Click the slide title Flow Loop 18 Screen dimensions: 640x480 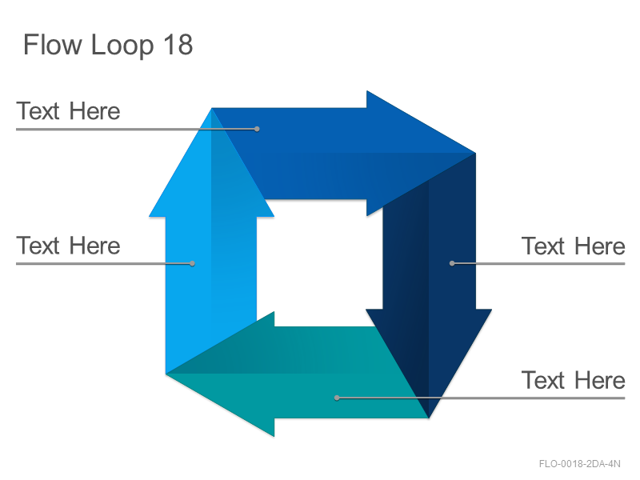(x=108, y=45)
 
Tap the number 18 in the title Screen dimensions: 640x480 (x=178, y=44)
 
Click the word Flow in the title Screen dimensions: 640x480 (x=53, y=44)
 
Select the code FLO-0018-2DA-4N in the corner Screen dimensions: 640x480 (x=579, y=464)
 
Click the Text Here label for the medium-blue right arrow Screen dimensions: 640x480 (x=68, y=111)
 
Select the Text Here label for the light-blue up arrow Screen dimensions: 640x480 (x=68, y=246)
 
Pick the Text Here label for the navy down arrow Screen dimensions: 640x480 (x=573, y=246)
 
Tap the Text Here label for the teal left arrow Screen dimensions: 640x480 (x=573, y=381)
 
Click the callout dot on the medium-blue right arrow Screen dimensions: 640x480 (x=257, y=129)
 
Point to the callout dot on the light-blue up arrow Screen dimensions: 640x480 (x=192, y=264)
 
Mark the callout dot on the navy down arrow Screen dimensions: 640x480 (x=452, y=264)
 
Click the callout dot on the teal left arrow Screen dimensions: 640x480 (x=337, y=398)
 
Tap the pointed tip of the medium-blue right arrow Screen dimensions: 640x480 (x=475, y=153)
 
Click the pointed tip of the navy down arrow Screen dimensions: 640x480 (x=429, y=418)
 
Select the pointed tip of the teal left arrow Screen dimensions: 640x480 (x=166, y=374)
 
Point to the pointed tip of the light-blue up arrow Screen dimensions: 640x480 (x=211, y=109)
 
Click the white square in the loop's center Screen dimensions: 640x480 (x=319, y=263)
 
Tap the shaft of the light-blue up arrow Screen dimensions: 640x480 (x=211, y=286)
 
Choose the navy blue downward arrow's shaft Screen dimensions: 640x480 (x=429, y=245)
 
